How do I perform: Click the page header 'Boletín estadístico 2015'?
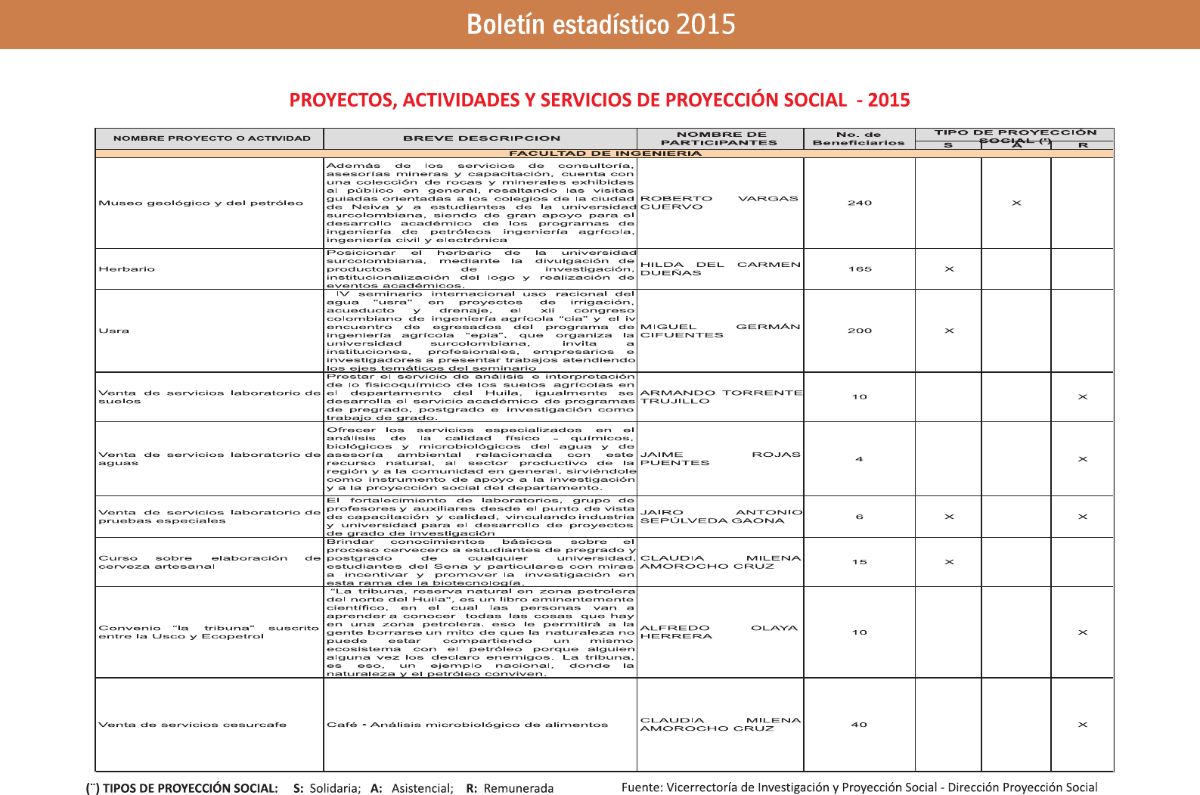pos(600,24)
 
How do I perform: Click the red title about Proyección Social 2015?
pos(600,100)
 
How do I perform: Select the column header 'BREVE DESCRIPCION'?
pos(482,138)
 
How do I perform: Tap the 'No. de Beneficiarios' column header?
pos(858,138)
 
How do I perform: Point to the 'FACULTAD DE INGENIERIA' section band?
pos(604,154)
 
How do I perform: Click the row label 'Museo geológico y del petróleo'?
pos(200,203)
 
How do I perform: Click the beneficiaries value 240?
pos(860,203)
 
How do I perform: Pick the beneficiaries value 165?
pos(860,269)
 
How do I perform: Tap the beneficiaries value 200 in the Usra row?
pos(860,331)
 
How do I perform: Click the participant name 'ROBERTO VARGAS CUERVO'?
pos(718,203)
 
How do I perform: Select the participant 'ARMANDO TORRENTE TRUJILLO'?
pos(721,397)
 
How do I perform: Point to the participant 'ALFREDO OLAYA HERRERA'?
pos(718,632)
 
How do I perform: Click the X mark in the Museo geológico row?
pos(1016,203)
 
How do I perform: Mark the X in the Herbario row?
pos(949,269)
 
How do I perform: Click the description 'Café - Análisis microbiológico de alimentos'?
pos(467,725)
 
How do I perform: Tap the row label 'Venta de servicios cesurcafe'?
pos(192,725)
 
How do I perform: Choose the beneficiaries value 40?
pos(859,725)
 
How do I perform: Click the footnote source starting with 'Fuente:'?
pos(859,787)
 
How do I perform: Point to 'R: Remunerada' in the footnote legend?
pos(510,788)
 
